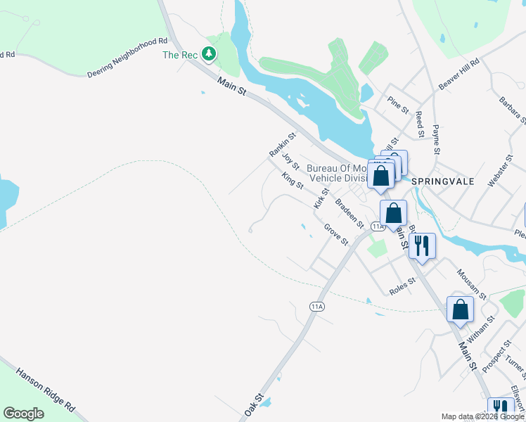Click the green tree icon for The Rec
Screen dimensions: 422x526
tap(208, 53)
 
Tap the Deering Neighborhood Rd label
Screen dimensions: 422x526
tap(129, 58)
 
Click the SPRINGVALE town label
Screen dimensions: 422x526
tap(443, 181)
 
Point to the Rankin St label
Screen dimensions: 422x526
tap(279, 143)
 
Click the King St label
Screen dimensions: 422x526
tap(293, 181)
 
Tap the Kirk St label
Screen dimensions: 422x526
tap(321, 198)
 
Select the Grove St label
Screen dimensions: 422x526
tap(336, 234)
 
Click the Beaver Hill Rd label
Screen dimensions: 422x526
tap(458, 73)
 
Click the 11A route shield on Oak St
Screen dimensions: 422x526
tap(317, 306)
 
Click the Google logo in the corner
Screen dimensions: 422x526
tap(23, 414)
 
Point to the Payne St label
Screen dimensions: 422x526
tap(436, 140)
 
